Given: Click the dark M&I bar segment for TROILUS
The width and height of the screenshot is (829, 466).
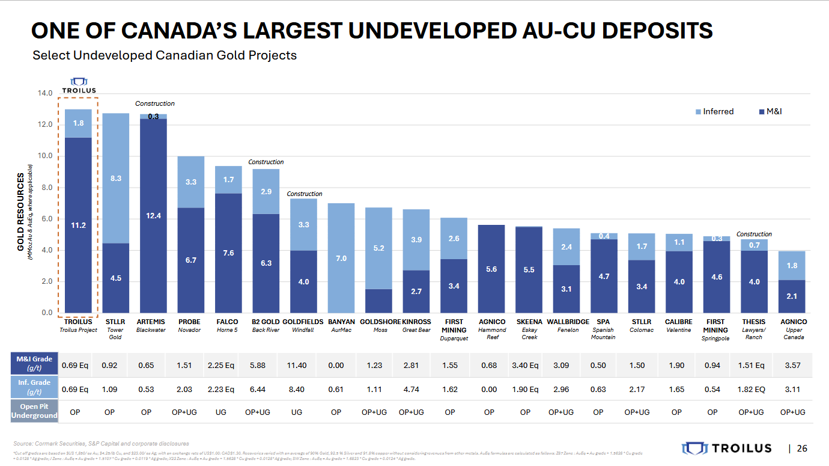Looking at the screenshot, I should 78,225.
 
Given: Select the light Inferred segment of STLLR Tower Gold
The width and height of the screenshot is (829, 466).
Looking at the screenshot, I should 115,178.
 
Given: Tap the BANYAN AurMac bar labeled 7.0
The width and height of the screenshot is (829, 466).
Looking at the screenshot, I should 341,258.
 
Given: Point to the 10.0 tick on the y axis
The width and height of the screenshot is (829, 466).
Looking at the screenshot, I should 45,156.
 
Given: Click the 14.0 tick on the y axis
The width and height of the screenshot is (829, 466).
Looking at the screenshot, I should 45,94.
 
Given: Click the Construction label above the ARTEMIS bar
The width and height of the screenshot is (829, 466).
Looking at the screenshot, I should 154,104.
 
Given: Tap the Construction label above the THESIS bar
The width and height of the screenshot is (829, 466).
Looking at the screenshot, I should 754,235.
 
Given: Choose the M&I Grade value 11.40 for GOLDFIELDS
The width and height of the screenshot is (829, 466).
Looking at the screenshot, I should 296,365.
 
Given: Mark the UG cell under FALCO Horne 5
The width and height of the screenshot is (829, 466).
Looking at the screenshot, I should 221,412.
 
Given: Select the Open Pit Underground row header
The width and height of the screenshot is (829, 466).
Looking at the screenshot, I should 34,412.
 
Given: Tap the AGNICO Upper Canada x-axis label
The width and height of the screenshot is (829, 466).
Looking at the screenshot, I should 794,329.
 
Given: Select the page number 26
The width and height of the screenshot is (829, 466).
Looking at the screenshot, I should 802,449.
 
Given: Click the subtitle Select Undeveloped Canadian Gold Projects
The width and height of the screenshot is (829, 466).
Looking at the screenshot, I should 165,55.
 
